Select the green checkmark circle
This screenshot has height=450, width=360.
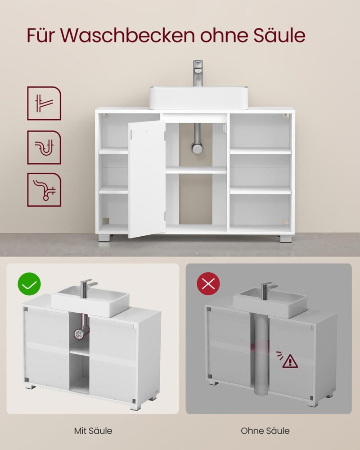(x=29, y=284)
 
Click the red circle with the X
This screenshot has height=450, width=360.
(x=208, y=284)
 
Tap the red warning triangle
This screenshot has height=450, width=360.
(x=290, y=361)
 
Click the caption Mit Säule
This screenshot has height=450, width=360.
(x=93, y=431)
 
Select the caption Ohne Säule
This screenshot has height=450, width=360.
(x=265, y=431)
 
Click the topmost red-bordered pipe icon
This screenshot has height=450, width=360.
(x=44, y=103)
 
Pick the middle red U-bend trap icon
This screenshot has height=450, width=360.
(x=44, y=148)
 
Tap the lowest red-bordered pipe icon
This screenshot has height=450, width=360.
(x=44, y=190)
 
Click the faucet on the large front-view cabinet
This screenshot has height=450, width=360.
(x=198, y=73)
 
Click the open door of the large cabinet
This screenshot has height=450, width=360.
(x=147, y=179)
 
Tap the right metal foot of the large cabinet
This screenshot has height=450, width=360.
(x=285, y=238)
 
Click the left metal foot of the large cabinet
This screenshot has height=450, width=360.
(x=104, y=238)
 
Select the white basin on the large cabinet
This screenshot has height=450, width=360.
(x=198, y=98)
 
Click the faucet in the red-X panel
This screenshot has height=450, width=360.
(x=268, y=291)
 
